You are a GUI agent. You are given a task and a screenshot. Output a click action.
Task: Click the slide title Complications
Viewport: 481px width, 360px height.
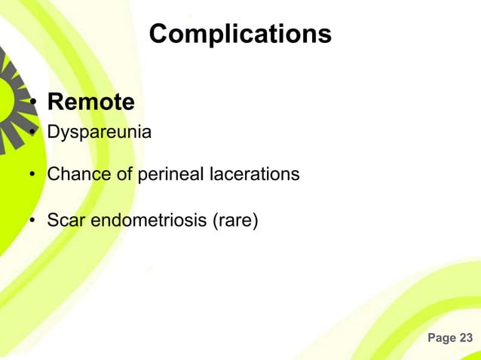[x=240, y=34]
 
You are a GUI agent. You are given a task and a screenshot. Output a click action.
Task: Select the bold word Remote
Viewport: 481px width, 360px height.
[x=91, y=102]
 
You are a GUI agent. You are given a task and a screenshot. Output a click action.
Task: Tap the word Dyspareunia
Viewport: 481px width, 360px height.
[x=99, y=133]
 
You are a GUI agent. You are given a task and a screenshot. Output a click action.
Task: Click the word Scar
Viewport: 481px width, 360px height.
[x=64, y=221]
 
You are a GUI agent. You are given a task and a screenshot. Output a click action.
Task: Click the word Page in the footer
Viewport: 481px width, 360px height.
[x=441, y=338]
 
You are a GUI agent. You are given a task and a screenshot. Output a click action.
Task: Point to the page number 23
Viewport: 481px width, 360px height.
[x=466, y=338]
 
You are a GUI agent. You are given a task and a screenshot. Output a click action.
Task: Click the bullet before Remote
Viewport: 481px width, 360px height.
[x=33, y=103]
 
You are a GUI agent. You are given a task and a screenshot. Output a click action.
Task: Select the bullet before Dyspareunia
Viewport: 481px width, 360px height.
[x=33, y=133]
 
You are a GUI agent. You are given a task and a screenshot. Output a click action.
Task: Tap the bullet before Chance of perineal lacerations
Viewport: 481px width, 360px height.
[x=33, y=175]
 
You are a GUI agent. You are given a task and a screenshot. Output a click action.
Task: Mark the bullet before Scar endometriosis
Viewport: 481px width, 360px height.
[x=33, y=221]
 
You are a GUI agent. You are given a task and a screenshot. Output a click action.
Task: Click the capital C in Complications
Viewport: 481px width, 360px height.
[x=159, y=34]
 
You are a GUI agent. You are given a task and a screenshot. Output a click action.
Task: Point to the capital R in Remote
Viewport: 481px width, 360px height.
[x=55, y=102]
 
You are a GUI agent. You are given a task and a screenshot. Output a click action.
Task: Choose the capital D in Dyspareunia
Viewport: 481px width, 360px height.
[x=53, y=133]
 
